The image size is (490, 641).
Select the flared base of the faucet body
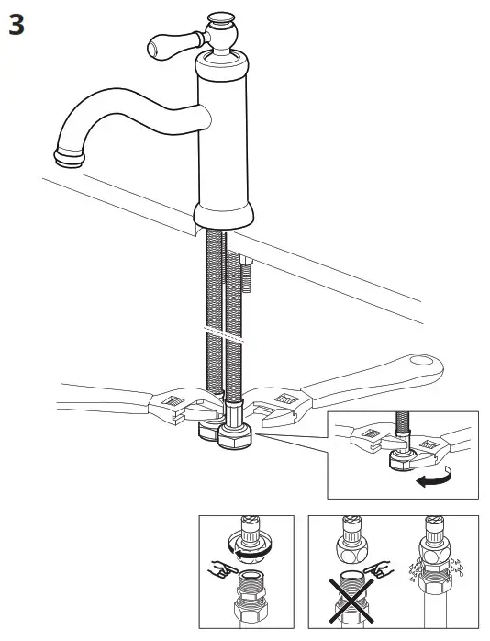pyautogui.click(x=223, y=216)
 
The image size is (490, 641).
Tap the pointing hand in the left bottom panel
pyautogui.click(x=217, y=568)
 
